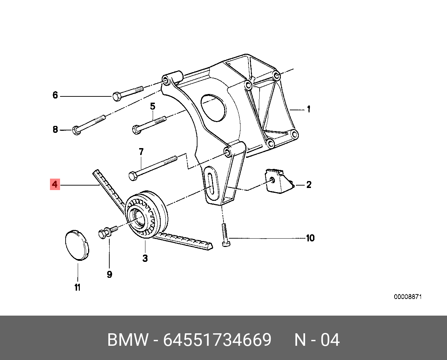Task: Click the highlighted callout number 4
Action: click(x=55, y=184)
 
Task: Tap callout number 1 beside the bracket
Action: click(x=308, y=109)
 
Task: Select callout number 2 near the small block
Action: click(x=309, y=185)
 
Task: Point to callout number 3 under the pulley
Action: click(x=145, y=258)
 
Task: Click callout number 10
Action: click(x=310, y=238)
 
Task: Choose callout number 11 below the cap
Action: click(x=77, y=287)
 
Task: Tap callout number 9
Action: click(x=109, y=274)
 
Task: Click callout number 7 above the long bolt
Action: click(x=141, y=152)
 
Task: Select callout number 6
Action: click(x=55, y=95)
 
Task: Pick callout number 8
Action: click(x=55, y=130)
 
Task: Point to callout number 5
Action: click(x=152, y=106)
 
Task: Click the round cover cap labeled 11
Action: click(x=77, y=245)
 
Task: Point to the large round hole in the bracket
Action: click(x=213, y=108)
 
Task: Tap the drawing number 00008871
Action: click(x=407, y=297)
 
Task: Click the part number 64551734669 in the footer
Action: click(x=217, y=340)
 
